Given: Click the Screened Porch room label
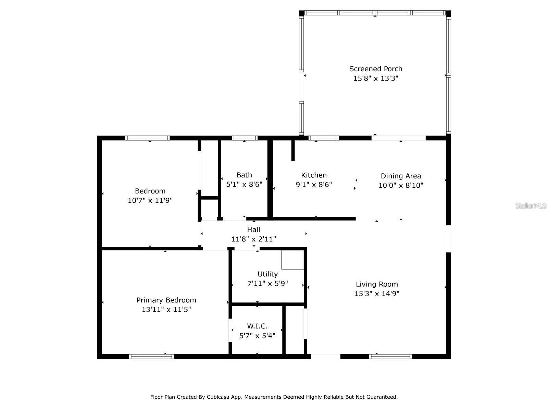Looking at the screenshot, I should coord(376,69).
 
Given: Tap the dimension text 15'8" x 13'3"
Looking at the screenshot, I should coord(376,78).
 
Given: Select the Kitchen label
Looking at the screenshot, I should coord(314,175).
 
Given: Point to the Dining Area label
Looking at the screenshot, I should coord(401,176).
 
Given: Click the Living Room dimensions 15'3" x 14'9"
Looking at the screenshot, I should coord(377,294).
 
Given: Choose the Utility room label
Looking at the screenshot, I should coord(267,274).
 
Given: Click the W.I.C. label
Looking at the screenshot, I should coord(257,326).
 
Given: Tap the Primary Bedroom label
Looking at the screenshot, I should coord(166,300).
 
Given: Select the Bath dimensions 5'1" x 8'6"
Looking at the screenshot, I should coord(244,185).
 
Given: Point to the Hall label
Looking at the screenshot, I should coord(253,230).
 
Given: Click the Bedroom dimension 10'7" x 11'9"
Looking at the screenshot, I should coord(150,200).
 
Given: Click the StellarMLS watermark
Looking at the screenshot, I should coord(531,206).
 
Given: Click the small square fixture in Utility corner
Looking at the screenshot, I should coord(292,260).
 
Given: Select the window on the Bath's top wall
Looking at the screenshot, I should coord(245,138).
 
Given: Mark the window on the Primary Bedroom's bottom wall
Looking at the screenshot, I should coord(151,357).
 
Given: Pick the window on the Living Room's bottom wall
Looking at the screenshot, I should coord(390,357).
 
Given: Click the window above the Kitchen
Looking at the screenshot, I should coord(324,138).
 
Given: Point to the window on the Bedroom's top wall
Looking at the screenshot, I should coord(147,138).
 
